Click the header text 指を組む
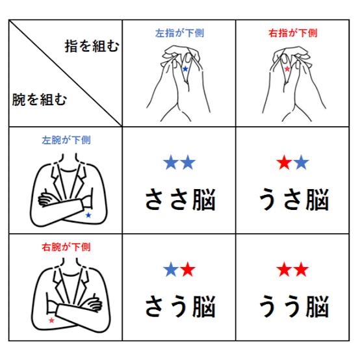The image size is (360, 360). (x=92, y=46)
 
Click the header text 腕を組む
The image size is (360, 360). (x=40, y=99)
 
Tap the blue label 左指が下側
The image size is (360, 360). (x=179, y=33)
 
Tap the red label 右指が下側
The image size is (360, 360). (x=293, y=33)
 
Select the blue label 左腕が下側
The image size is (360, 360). (x=66, y=140)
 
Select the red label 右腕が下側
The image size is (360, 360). (x=66, y=247)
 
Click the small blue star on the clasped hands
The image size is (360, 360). (x=185, y=69)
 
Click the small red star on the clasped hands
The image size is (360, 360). (x=287, y=69)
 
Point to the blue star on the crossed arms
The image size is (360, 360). (x=88, y=215)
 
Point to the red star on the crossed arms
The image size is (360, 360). (x=51, y=320)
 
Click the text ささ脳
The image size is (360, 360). (x=180, y=199)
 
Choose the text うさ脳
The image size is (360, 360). (x=294, y=199)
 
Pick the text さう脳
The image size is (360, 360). (x=180, y=307)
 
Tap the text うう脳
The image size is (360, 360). (x=294, y=307)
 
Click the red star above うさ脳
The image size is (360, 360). (x=284, y=162)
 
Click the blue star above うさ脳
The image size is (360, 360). (x=301, y=162)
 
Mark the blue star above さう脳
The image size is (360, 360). (x=171, y=269)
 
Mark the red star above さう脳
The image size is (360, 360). (x=188, y=269)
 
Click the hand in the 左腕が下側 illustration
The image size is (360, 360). (x=47, y=198)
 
